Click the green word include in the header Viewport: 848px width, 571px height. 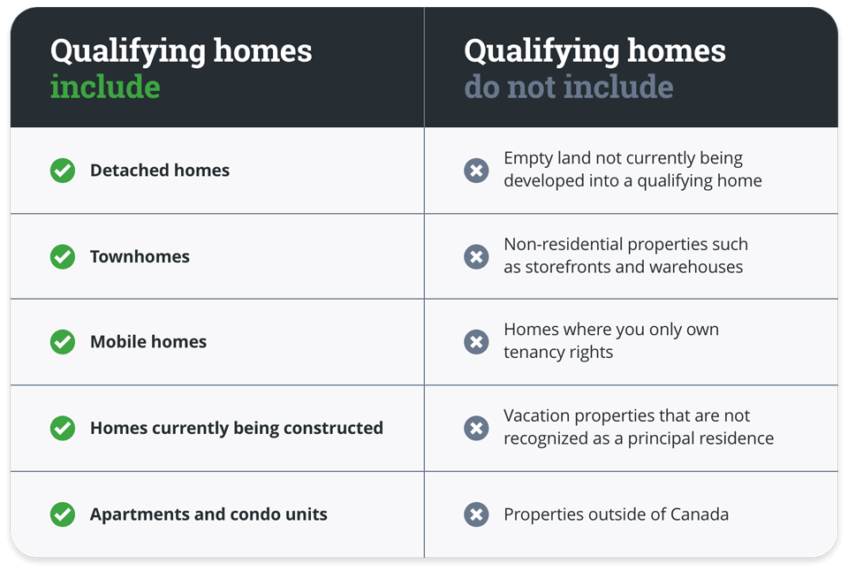[105, 87]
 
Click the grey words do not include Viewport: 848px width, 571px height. [568, 87]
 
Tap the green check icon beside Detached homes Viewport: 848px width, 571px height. [63, 171]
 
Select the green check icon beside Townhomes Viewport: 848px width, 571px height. [63, 256]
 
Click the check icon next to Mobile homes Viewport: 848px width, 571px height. [63, 342]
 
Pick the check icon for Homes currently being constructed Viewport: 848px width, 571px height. [63, 428]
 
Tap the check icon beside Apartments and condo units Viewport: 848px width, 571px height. [63, 514]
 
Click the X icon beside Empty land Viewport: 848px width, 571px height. [476, 171]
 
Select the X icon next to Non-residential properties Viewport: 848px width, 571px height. [476, 256]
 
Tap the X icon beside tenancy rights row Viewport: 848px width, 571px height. [476, 342]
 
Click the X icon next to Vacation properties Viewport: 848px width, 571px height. [476, 428]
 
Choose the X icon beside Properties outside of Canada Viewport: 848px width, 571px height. [476, 514]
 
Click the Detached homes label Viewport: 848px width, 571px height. [159, 171]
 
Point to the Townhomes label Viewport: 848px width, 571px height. [140, 256]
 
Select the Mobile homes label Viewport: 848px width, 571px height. [148, 342]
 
